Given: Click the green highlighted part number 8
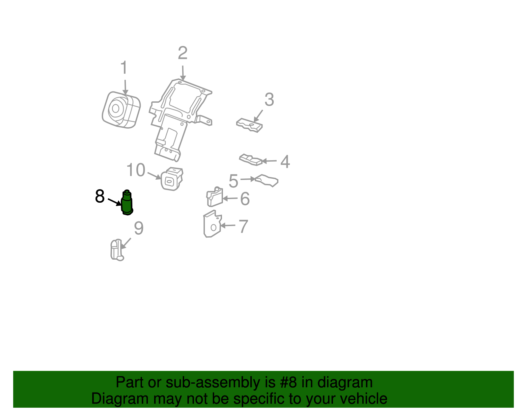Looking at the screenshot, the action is [x=127, y=203].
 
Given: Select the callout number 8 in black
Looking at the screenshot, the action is [x=100, y=196].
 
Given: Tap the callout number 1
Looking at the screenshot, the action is [x=124, y=67].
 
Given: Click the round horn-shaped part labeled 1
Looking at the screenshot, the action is [x=121, y=110].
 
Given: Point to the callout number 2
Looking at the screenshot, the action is [x=182, y=53].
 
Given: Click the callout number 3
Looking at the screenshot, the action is [x=269, y=99].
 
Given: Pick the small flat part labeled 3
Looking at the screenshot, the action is [x=249, y=125].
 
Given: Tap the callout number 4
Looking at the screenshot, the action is [x=285, y=162].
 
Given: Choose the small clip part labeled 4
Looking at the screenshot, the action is [x=251, y=160].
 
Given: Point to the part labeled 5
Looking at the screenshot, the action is [x=267, y=181].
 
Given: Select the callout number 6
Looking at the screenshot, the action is [x=245, y=199].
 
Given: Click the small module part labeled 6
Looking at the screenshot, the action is [x=215, y=197].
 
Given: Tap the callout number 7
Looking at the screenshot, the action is [x=243, y=226].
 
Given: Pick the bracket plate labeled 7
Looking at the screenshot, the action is [x=212, y=224].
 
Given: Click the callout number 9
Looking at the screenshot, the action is [x=139, y=228].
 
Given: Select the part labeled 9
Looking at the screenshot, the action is [x=117, y=250].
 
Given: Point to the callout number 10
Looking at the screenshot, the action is [x=136, y=170].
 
